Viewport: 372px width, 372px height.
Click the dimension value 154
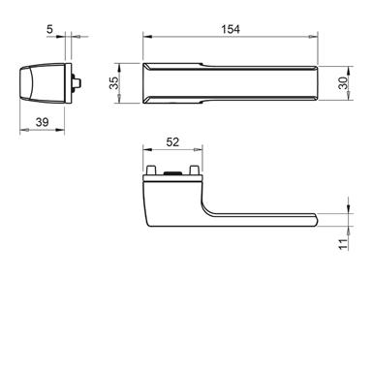pyautogui.click(x=231, y=29)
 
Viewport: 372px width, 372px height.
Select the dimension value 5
pyautogui.click(x=49, y=29)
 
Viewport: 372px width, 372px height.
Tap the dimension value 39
pyautogui.click(x=42, y=122)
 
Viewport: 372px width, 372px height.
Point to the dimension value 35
pyautogui.click(x=113, y=83)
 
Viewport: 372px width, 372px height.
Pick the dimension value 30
pyautogui.click(x=343, y=83)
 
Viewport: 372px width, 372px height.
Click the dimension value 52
pyautogui.click(x=172, y=141)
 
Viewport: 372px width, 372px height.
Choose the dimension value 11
pyautogui.click(x=343, y=244)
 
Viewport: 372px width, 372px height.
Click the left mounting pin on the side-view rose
pyautogui.click(x=151, y=170)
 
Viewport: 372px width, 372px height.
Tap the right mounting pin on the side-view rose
pyautogui.click(x=194, y=170)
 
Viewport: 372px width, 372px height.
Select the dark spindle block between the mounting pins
pyautogui.click(x=172, y=173)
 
